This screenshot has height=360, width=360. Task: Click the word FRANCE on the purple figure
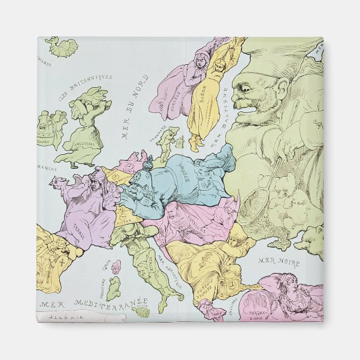[84, 228]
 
